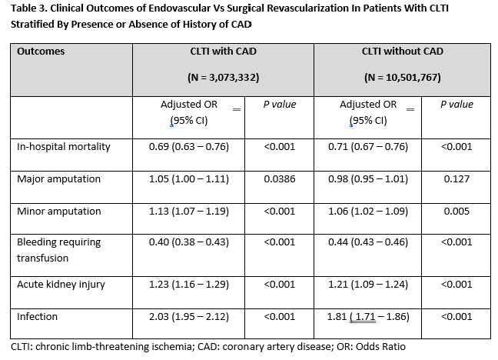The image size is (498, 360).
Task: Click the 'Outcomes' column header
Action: pyautogui.click(x=41, y=52)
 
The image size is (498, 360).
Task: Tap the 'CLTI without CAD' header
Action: pyautogui.click(x=402, y=52)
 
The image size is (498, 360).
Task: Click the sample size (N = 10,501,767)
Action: pyautogui.click(x=402, y=78)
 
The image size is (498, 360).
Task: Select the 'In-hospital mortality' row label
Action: pyautogui.click(x=64, y=146)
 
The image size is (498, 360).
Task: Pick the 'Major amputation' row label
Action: pyautogui.click(x=58, y=178)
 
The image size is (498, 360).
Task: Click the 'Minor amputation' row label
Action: pyautogui.click(x=58, y=211)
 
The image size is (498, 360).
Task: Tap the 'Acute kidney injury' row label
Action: pyautogui.click(x=61, y=284)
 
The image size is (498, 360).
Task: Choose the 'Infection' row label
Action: pyautogui.click(x=38, y=316)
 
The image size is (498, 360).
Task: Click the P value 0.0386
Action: pyautogui.click(x=279, y=178)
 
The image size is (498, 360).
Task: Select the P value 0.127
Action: pyautogui.click(x=456, y=178)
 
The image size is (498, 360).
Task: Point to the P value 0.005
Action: pyautogui.click(x=456, y=211)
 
